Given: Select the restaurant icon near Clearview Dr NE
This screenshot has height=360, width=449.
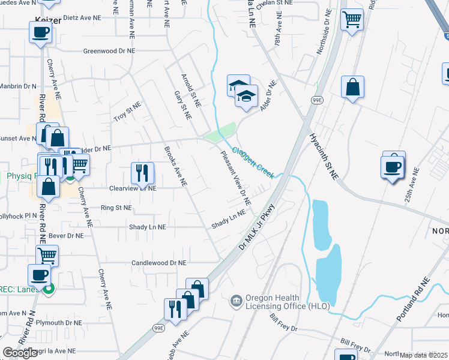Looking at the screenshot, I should point(143,173).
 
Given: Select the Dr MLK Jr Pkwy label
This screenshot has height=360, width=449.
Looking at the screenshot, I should point(257,226).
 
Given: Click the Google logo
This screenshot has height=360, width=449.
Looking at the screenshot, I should point(20,353).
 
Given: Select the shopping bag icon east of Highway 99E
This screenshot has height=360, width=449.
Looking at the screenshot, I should point(352,87).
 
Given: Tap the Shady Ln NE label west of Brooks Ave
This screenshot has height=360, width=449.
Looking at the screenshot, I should point(147,227).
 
